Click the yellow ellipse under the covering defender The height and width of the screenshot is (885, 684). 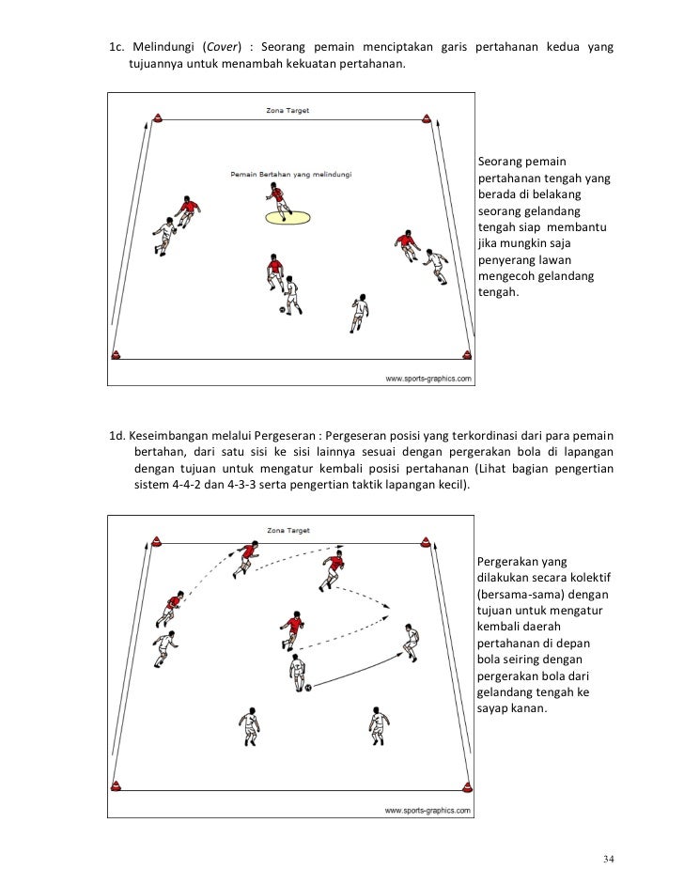288,218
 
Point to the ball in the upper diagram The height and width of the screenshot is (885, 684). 281,308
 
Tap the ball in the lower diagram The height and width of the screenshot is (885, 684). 307,688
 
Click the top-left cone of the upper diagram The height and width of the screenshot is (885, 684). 156,118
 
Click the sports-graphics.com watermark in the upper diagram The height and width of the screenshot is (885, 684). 427,379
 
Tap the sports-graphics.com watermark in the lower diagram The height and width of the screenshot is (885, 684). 427,810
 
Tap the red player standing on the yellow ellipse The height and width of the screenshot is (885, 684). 278,200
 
